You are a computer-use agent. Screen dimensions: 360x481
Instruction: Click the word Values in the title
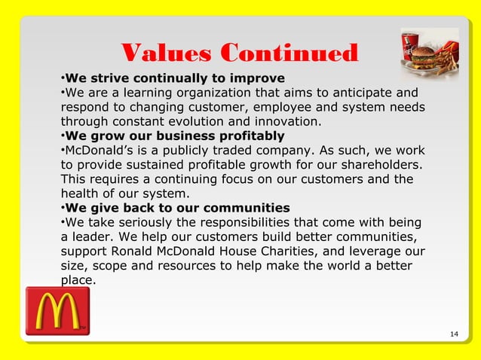click(x=167, y=53)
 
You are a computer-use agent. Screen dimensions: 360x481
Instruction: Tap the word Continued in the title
click(x=289, y=53)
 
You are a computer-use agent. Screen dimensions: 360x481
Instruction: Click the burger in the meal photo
click(x=426, y=56)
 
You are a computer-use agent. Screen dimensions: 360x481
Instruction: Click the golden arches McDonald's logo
click(x=57, y=310)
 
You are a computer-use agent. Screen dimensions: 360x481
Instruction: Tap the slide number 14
click(x=453, y=334)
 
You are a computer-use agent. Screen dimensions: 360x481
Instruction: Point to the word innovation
click(x=287, y=122)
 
